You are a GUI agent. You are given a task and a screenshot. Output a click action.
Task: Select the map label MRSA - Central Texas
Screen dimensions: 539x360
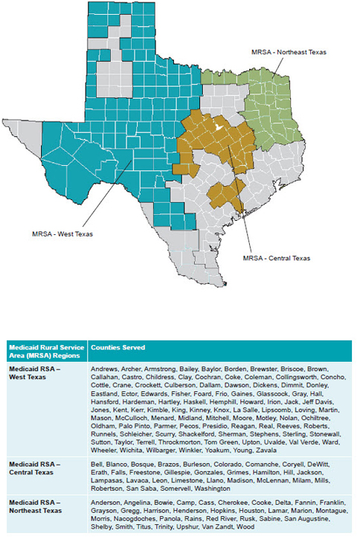click(277, 258)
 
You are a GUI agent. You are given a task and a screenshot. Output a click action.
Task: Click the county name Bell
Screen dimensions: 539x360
click(97, 464)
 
